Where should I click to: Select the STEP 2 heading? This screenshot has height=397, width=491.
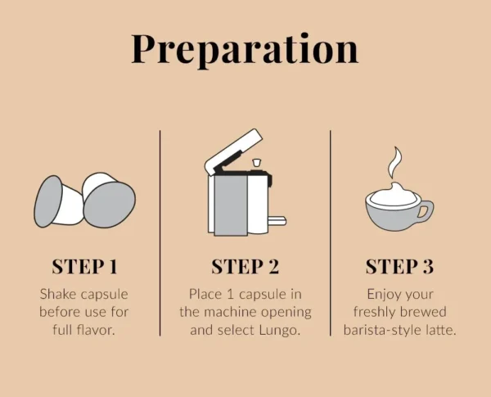click(x=245, y=266)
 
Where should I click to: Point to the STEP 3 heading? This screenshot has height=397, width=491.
click(x=399, y=266)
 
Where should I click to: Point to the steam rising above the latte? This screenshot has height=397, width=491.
click(x=396, y=164)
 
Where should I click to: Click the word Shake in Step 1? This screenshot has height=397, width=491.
click(x=59, y=293)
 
